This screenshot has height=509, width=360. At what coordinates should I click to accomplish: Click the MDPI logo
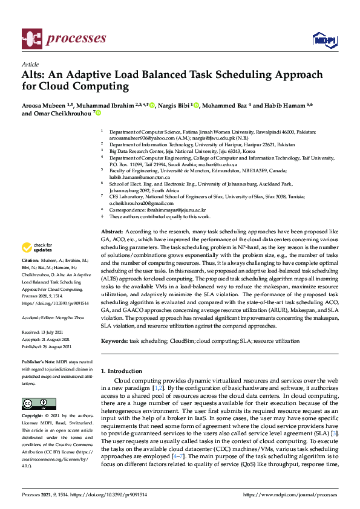(324, 40)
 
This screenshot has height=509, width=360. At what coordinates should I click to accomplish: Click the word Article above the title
(30, 64)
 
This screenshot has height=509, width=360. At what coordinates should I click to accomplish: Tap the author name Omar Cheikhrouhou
(65, 113)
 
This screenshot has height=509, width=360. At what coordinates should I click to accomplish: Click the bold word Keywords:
(114, 341)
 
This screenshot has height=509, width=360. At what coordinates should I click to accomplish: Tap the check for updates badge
(38, 247)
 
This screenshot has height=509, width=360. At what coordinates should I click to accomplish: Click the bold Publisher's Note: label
(38, 362)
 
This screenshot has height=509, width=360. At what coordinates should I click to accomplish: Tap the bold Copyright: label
(33, 417)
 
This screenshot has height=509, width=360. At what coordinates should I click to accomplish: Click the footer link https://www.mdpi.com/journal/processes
(289, 495)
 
